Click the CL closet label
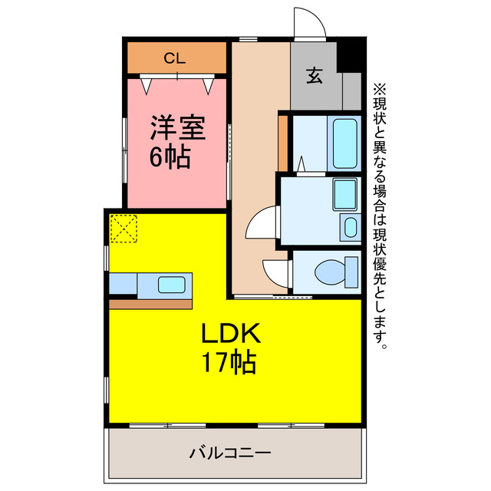[176, 57]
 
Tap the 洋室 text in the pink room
[176, 127]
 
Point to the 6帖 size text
[170, 158]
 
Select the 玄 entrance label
[315, 76]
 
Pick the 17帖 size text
[230, 362]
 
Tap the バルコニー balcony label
[230, 453]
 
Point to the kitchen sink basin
[170, 285]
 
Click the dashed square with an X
[124, 229]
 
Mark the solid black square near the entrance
[349, 54]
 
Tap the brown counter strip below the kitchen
[150, 304]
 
